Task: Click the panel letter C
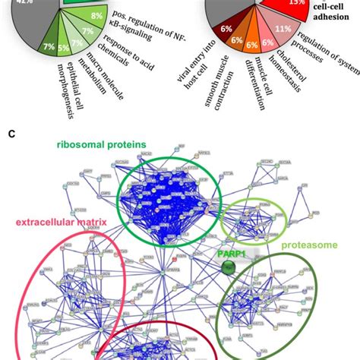pos(10,132)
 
